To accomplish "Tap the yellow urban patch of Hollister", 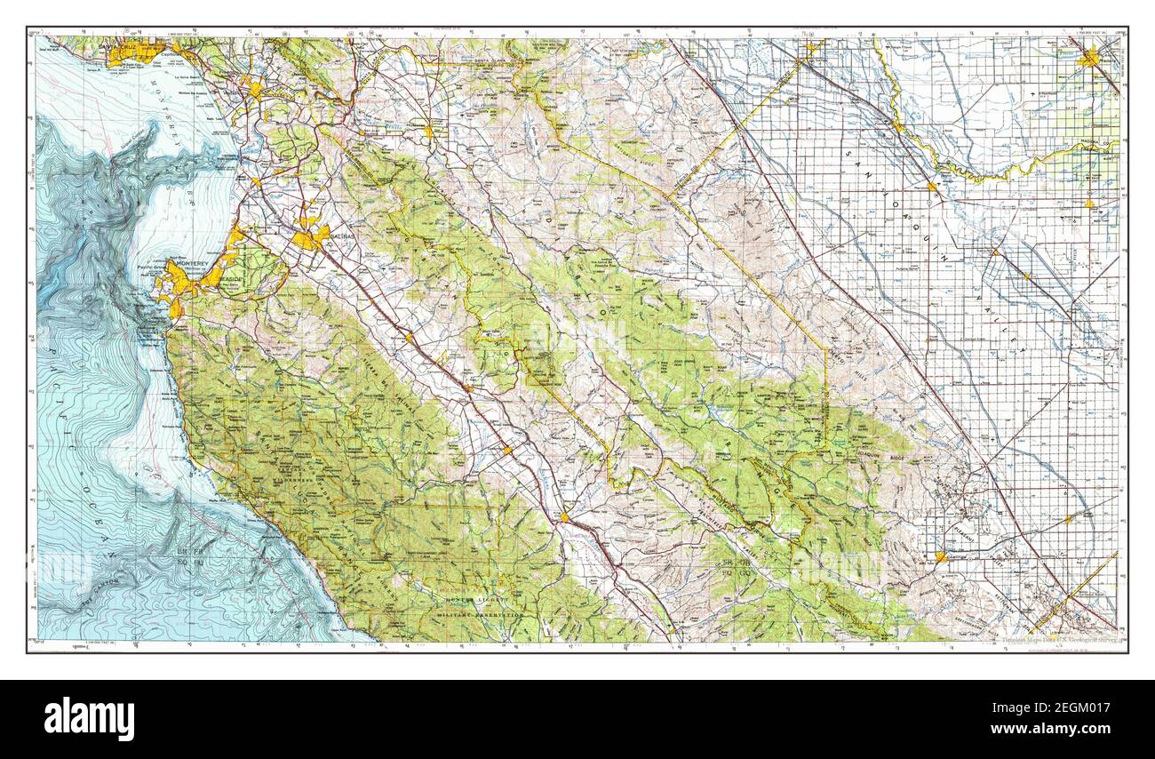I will (428, 132).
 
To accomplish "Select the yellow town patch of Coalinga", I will (940, 556).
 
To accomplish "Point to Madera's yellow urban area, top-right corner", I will (1090, 59).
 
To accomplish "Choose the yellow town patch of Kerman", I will (1088, 204).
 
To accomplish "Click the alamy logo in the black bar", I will (89, 718).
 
